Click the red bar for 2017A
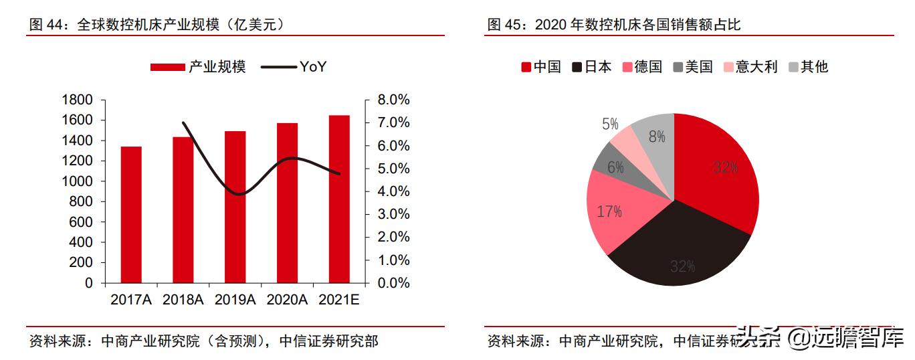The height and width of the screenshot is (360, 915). pos(131,214)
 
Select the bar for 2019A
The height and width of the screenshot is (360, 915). pos(235,207)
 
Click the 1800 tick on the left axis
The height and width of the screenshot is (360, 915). pos(77,100)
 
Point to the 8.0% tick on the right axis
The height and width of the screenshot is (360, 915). pos(393,100)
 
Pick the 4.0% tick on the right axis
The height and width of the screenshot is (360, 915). pos(393,191)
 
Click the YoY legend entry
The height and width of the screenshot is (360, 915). pos(294,66)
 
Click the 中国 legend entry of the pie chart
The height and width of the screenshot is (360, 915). pos(541,66)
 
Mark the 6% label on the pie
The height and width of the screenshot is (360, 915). pos(615,167)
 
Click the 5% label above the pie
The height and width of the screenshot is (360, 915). pos(610,124)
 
